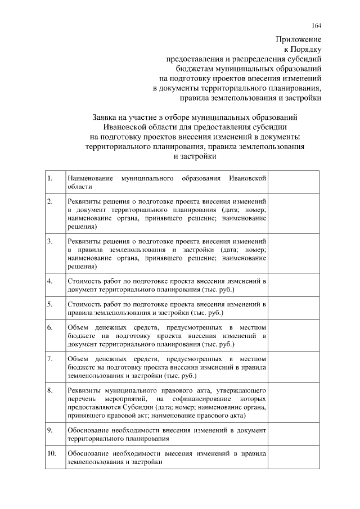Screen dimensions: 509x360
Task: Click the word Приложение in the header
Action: pos(298,40)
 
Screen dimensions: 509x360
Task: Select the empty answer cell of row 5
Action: pos(294,308)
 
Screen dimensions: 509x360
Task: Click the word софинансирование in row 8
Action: pos(190,398)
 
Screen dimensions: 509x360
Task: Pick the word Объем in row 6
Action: pos(78,327)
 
